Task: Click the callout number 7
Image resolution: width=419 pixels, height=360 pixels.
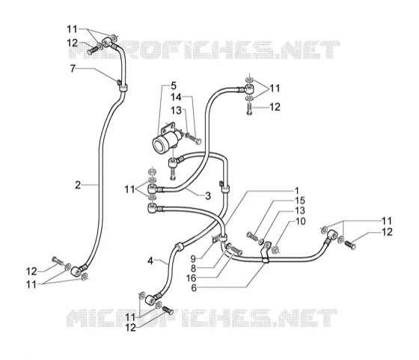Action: pyautogui.click(x=73, y=69)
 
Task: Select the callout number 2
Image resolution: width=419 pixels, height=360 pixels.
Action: pyautogui.click(x=78, y=185)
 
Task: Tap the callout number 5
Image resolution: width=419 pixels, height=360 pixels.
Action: pyautogui.click(x=174, y=86)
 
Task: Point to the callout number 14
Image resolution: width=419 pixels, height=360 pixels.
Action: pyautogui.click(x=176, y=97)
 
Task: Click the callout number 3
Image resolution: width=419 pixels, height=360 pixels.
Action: pyautogui.click(x=208, y=196)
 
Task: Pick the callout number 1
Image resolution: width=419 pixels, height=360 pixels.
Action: pyautogui.click(x=296, y=191)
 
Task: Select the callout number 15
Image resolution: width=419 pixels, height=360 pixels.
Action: pyautogui.click(x=300, y=201)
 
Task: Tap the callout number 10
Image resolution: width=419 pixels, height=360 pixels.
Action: pyautogui.click(x=300, y=222)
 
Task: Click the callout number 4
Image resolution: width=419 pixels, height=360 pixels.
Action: pyautogui.click(x=150, y=260)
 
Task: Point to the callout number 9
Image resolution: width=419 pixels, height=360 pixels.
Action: pyautogui.click(x=193, y=258)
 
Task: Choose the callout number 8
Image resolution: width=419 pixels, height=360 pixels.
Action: pyautogui.click(x=193, y=269)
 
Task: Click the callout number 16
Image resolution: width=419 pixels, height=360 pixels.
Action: pyautogui.click(x=191, y=278)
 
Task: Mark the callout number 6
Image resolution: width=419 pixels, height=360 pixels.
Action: pyautogui.click(x=194, y=288)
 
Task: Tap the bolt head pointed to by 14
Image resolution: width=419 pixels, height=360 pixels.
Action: pyautogui.click(x=198, y=141)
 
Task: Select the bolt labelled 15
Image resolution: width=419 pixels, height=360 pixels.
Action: pyautogui.click(x=252, y=236)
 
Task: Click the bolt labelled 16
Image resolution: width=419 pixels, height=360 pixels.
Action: pyautogui.click(x=236, y=250)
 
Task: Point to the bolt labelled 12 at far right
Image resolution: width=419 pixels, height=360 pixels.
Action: pyautogui.click(x=350, y=244)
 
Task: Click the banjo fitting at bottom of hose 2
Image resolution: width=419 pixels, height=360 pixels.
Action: pyautogui.click(x=76, y=271)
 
